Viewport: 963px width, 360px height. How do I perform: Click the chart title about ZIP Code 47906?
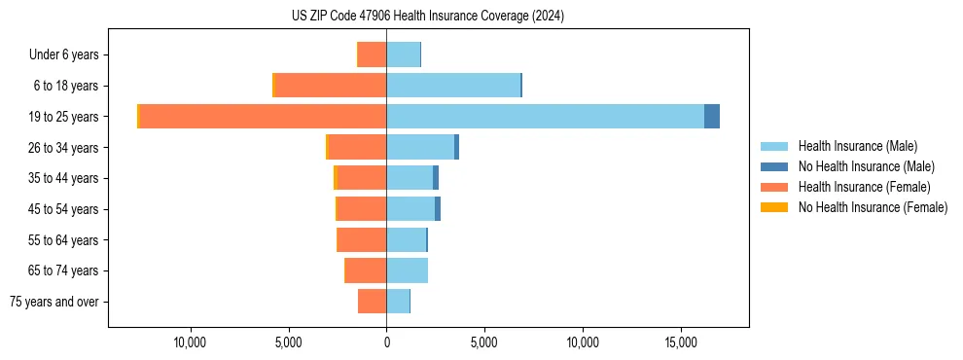(427, 16)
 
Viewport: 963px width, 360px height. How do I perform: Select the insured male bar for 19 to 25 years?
(545, 117)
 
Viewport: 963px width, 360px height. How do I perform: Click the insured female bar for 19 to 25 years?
(263, 117)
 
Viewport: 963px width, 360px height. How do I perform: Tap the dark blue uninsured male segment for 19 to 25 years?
(712, 117)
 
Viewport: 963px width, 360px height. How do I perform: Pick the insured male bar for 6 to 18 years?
(453, 86)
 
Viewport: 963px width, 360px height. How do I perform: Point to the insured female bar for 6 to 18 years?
(331, 86)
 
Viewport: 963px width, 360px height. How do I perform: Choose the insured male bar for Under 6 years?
(403, 54)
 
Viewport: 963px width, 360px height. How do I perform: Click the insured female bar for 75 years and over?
(373, 302)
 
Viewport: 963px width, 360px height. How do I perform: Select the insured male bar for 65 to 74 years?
(407, 270)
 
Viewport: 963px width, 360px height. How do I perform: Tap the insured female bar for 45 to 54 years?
(362, 209)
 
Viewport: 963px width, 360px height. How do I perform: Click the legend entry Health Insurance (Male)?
(857, 146)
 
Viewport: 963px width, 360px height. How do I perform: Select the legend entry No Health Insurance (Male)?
(866, 166)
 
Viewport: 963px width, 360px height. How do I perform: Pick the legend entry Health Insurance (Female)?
(864, 187)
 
